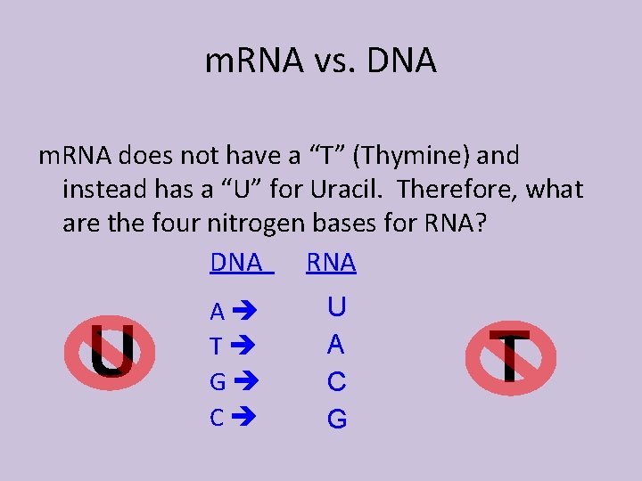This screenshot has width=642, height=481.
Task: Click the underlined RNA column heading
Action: pyautogui.click(x=331, y=263)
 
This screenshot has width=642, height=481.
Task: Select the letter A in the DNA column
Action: pyautogui.click(x=217, y=313)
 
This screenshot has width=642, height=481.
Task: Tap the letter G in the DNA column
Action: pyautogui.click(x=217, y=382)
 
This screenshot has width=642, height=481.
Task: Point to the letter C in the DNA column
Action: pyautogui.click(x=217, y=417)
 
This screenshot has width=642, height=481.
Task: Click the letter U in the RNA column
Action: pyautogui.click(x=336, y=308)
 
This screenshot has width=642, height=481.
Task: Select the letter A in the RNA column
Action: pyautogui.click(x=336, y=344)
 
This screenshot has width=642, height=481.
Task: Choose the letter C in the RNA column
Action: pyautogui.click(x=336, y=381)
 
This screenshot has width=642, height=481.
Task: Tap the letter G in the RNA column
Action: pyautogui.click(x=336, y=418)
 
